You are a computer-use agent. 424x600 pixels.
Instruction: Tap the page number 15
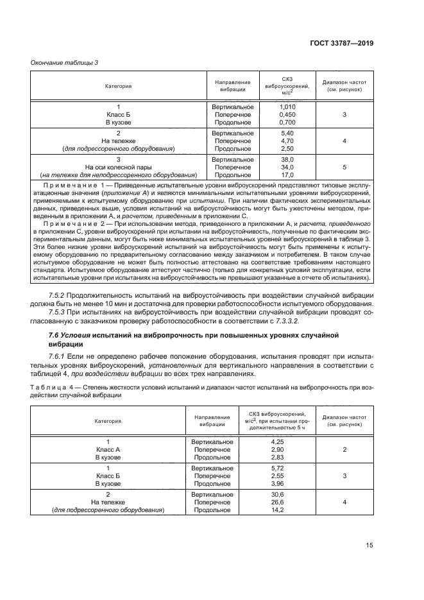click(x=369, y=545)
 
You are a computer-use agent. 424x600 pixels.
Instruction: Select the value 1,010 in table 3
click(x=287, y=107)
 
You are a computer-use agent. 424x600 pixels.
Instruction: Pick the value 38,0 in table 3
click(x=287, y=159)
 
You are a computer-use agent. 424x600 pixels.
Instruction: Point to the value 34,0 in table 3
click(x=287, y=167)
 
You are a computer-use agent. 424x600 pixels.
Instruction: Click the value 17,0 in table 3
click(x=287, y=175)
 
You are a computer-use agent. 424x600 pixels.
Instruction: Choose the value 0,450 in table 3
click(x=287, y=114)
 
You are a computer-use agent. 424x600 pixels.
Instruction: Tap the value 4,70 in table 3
click(x=287, y=141)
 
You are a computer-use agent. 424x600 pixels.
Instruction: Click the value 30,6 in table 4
click(x=277, y=495)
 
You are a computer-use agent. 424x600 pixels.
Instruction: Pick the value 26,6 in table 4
click(x=277, y=502)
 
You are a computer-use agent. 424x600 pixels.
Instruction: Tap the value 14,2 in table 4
click(x=277, y=510)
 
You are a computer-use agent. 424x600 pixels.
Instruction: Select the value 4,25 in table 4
click(x=277, y=442)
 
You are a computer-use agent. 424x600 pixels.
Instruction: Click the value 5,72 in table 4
click(x=277, y=468)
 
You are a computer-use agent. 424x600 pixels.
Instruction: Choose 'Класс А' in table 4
click(x=108, y=450)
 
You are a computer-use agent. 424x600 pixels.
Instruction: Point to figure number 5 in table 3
click(x=344, y=167)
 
